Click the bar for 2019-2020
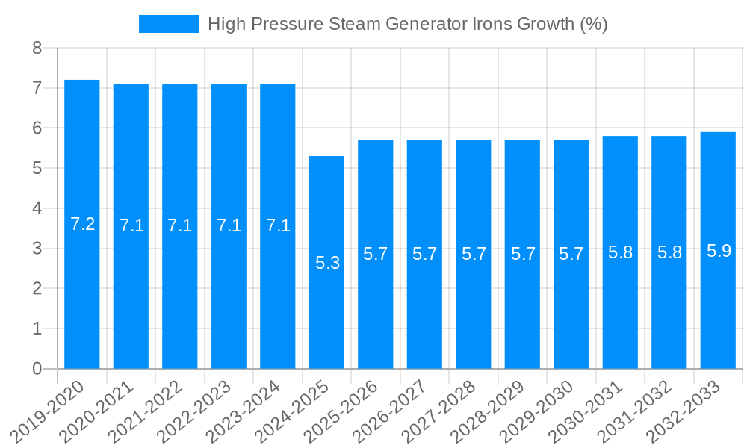82,224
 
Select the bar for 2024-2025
326,262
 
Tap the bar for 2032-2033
718,250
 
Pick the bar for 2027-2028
474,254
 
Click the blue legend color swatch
169,24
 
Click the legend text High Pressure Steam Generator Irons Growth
407,24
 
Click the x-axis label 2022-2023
200,410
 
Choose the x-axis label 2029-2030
543,410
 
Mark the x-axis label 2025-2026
347,410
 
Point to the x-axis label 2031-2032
641,410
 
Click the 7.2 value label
82,224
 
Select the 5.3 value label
327,263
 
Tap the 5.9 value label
719,251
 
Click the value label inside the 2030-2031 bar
620,252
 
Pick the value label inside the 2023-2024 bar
278,225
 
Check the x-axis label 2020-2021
102,410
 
